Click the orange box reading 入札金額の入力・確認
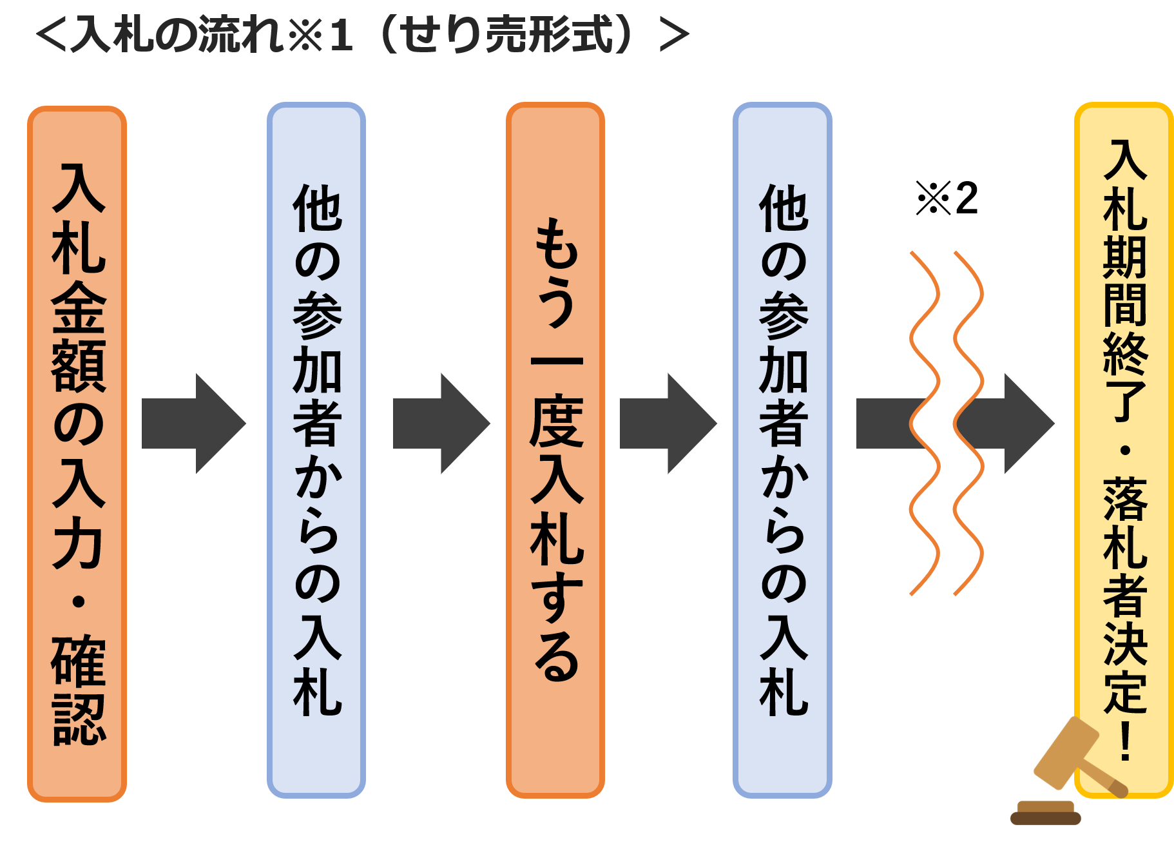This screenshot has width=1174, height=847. click(77, 451)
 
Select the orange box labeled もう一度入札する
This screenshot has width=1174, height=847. click(555, 451)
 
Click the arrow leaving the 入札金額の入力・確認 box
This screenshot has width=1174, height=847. click(193, 424)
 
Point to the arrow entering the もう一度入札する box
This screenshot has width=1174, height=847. click(441, 424)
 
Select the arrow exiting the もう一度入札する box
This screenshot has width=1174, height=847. click(668, 424)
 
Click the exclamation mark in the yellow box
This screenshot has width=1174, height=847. click(1125, 741)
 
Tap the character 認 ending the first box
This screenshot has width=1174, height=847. click(79, 719)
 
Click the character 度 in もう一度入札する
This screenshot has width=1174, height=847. click(557, 422)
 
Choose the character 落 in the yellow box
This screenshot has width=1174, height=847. click(1125, 500)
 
